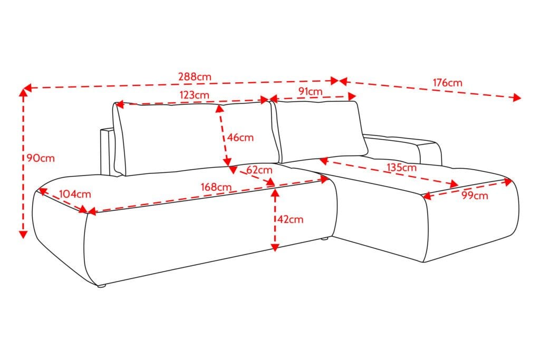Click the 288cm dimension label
(195, 76)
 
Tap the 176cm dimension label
(447, 83)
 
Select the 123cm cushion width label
(194, 95)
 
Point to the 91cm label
(310, 91)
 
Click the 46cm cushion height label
(240, 138)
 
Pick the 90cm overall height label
(41, 158)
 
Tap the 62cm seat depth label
(259, 170)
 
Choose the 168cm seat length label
(216, 187)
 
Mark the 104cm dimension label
(75, 194)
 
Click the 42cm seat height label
(291, 219)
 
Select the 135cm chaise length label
(401, 168)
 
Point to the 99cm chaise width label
(475, 196)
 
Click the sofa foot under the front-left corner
(101, 285)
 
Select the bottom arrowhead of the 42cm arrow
(275, 247)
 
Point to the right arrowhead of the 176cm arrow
(517, 98)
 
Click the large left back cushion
(196, 138)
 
